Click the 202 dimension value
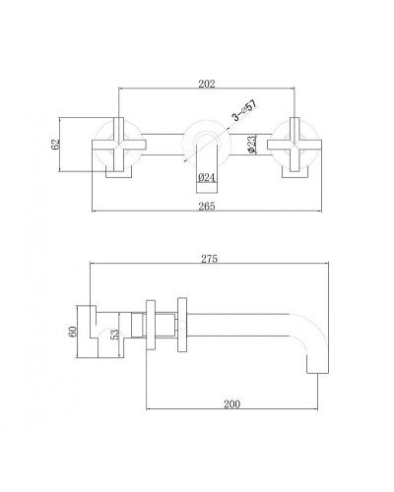[207, 85]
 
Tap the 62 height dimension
[56, 144]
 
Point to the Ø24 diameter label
[207, 177]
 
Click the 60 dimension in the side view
[71, 332]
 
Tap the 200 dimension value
[232, 403]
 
